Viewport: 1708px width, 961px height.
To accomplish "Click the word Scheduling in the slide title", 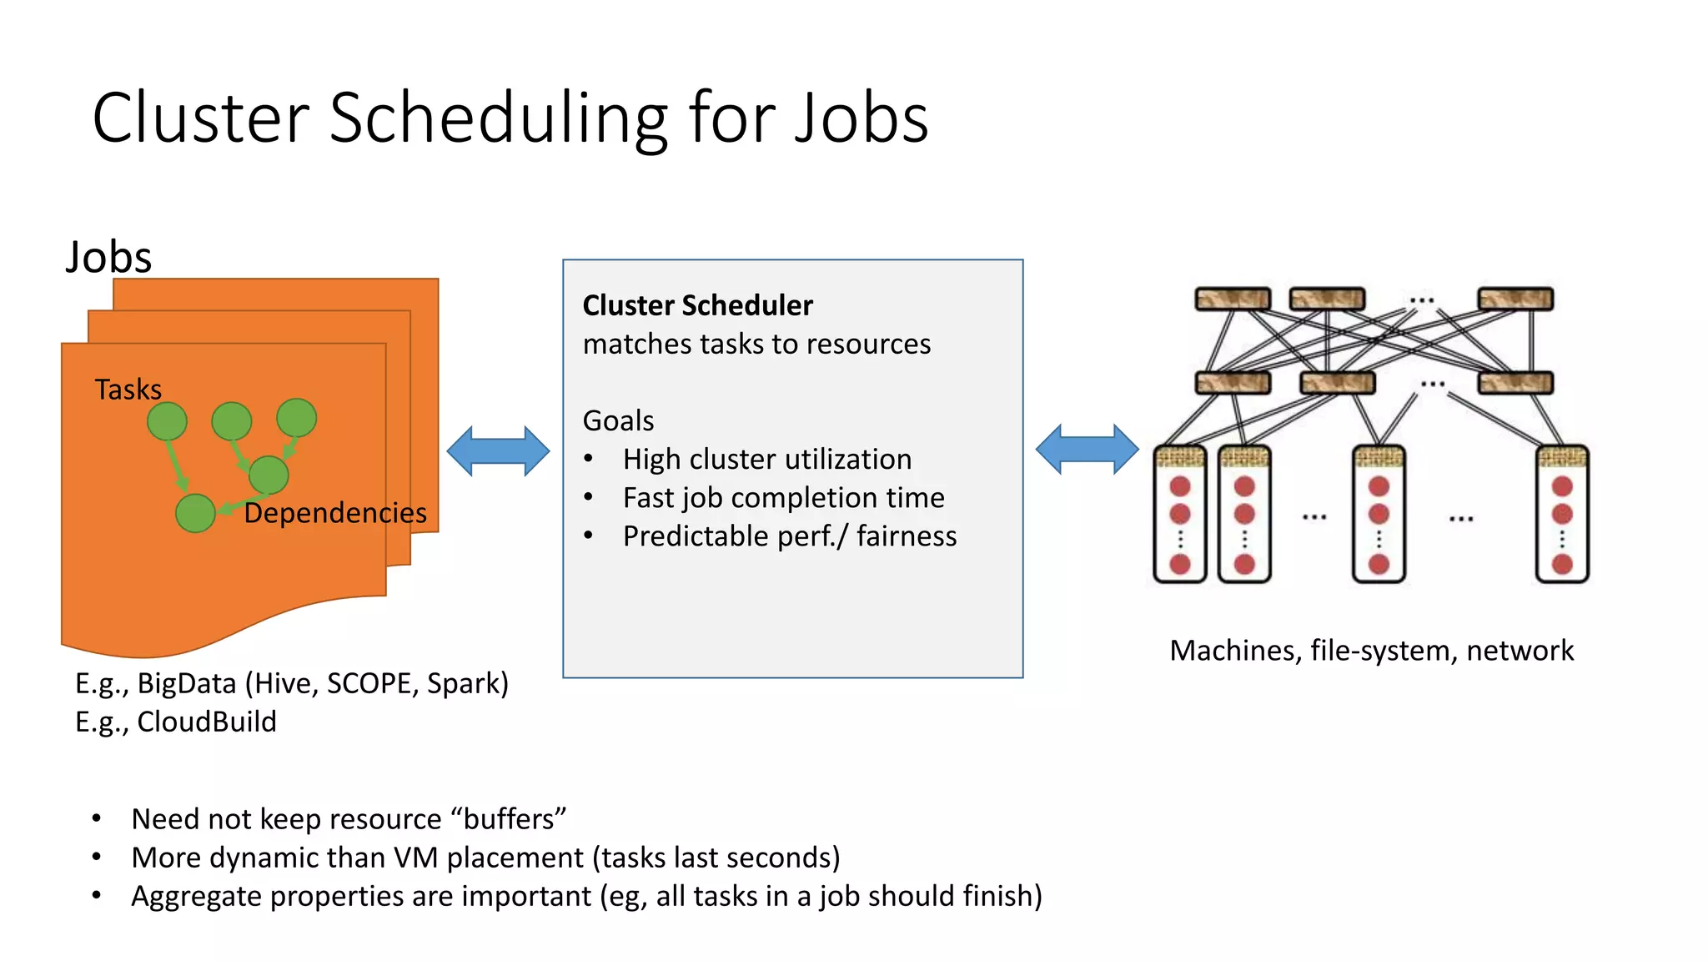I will point(498,118).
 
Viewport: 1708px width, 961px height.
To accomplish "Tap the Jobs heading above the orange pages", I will point(109,257).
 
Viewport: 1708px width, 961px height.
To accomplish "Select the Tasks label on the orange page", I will point(128,390).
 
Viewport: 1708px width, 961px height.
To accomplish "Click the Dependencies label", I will point(335,512).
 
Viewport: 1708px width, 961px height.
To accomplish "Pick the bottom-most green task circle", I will point(195,513).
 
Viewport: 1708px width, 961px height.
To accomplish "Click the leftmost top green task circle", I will point(167,421).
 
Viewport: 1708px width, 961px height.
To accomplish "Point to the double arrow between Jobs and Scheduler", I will point(498,451).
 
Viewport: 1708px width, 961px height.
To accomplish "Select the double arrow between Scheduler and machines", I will point(1087,450).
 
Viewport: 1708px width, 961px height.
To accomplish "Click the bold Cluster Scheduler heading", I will point(697,305).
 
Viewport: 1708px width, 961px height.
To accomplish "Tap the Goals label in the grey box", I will point(618,420).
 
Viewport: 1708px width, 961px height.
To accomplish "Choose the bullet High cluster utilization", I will point(766,459).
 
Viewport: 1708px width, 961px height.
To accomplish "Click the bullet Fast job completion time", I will point(783,497).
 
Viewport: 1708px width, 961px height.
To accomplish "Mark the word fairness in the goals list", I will point(907,536).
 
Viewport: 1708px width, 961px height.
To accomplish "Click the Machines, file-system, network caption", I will point(1371,650).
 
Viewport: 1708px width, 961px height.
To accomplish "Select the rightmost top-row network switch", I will point(1515,299).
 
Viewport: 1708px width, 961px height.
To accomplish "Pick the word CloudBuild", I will point(206,722).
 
